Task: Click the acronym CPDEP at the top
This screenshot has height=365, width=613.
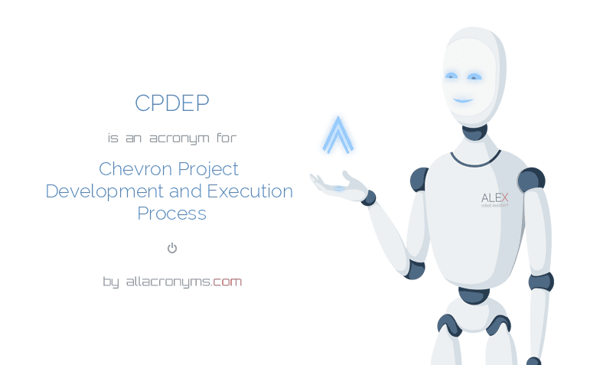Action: (x=171, y=103)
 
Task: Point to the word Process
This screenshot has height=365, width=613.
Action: (x=171, y=213)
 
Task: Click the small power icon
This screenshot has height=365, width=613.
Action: (x=172, y=248)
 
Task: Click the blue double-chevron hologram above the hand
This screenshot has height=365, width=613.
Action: (x=337, y=135)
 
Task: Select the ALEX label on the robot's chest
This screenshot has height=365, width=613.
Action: (x=494, y=197)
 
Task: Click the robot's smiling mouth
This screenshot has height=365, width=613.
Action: (x=462, y=100)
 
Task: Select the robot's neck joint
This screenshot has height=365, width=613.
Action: (x=475, y=131)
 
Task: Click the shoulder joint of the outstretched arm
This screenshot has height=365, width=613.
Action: (x=419, y=180)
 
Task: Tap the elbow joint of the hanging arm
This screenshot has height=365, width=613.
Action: (x=540, y=282)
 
